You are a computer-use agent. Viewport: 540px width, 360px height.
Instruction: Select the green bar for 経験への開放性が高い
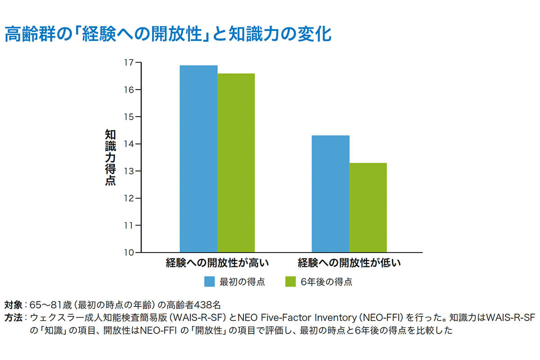click(x=236, y=162)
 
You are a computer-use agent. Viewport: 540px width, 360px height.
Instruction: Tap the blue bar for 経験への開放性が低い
click(x=331, y=193)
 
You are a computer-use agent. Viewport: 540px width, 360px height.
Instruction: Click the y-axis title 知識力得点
click(x=110, y=157)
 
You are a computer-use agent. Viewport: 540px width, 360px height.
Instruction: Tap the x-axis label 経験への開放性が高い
click(x=217, y=262)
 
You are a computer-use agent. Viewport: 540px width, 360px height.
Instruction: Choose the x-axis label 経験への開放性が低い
click(x=349, y=262)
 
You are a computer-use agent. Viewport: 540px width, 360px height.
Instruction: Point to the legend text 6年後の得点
click(x=326, y=282)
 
